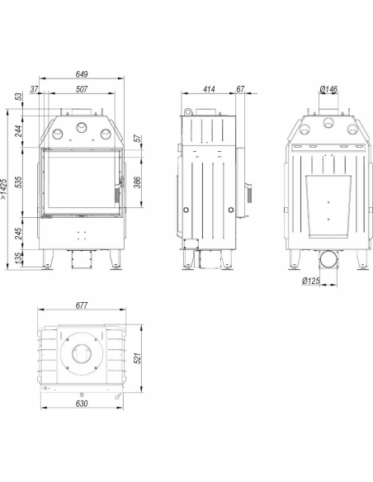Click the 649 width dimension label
[82, 74]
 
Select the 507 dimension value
[82, 89]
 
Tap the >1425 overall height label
[3, 189]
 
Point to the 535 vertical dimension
[19, 182]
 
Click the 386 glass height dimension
[137, 182]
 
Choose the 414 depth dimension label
[209, 89]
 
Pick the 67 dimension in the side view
[240, 89]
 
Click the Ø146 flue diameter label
[328, 89]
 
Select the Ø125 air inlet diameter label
[310, 281]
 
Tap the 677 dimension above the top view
[82, 305]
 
